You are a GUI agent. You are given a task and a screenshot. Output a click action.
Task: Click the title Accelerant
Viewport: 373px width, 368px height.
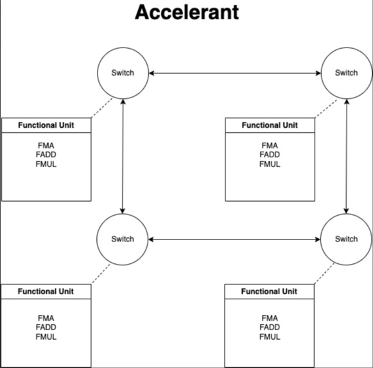tap(187, 13)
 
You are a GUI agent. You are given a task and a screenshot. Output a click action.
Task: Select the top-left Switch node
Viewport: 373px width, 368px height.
tap(123, 73)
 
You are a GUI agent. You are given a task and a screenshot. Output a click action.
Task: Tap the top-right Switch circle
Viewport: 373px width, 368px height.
tap(346, 73)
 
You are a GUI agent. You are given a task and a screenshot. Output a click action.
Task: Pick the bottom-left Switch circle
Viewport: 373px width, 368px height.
tap(123, 239)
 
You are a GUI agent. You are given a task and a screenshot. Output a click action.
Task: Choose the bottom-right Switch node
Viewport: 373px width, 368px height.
tap(346, 239)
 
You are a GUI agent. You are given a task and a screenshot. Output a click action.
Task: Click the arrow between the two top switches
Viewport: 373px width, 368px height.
tap(234, 73)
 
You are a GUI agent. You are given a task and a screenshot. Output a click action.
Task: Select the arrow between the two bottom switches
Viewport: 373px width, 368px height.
tap(234, 240)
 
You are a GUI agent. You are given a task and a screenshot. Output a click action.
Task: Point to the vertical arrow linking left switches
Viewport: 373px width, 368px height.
tap(123, 156)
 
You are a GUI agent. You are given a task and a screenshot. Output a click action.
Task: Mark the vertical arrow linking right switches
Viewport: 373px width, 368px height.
tap(347, 156)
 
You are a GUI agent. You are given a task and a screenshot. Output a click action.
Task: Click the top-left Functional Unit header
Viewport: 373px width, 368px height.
tap(46, 125)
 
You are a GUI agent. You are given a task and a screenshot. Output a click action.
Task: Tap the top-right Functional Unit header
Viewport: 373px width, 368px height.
tap(270, 125)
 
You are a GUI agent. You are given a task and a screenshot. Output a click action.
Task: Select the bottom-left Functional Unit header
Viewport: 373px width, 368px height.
tap(46, 292)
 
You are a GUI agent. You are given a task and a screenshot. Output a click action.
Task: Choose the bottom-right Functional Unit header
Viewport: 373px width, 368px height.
tap(270, 292)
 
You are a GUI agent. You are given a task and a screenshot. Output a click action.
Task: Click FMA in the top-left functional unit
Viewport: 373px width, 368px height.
tap(46, 145)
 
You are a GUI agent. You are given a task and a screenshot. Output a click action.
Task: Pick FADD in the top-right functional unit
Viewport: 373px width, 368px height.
tap(270, 155)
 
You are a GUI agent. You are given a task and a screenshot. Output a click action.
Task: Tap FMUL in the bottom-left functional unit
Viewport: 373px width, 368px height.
tap(46, 337)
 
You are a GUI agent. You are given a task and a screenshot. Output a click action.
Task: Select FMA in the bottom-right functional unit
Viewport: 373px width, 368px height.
tap(270, 318)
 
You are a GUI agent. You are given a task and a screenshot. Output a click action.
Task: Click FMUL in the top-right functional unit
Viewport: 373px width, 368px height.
tap(270, 164)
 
